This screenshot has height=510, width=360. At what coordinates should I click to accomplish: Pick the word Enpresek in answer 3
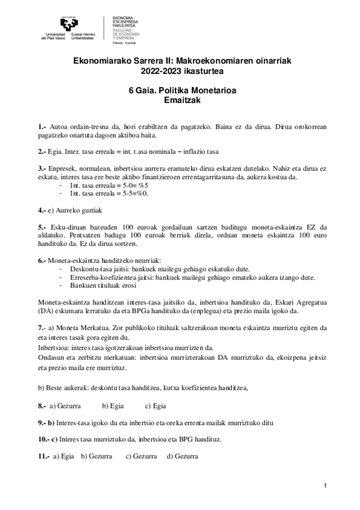click(66, 168)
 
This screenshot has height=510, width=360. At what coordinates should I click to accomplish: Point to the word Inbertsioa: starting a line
click(54, 347)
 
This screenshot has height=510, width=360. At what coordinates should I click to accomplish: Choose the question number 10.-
click(44, 439)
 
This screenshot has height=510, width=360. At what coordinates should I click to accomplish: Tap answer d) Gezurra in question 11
click(183, 456)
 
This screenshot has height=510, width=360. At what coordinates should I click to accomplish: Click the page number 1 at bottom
click(325, 485)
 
